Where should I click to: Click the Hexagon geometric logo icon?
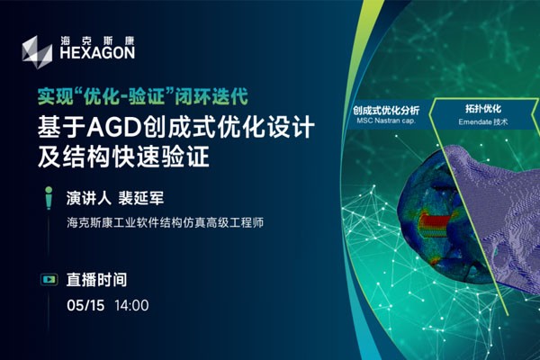[37, 52]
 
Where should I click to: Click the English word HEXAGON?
[97, 53]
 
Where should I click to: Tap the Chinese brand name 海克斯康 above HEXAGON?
[97, 41]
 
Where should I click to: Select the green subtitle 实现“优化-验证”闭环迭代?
[143, 96]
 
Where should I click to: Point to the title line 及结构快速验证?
[123, 157]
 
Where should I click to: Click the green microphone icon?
[49, 198]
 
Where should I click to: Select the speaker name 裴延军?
[141, 198]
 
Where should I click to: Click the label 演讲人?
[88, 198]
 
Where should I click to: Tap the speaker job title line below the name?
[166, 222]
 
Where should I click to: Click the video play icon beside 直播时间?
[49, 279]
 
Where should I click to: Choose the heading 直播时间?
[96, 279]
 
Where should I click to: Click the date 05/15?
[85, 305]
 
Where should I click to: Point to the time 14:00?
[131, 305]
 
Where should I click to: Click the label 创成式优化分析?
[386, 111]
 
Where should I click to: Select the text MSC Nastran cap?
[386, 121]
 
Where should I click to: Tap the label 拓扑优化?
[483, 109]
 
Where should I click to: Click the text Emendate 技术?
[483, 121]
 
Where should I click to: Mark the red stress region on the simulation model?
[435, 224]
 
